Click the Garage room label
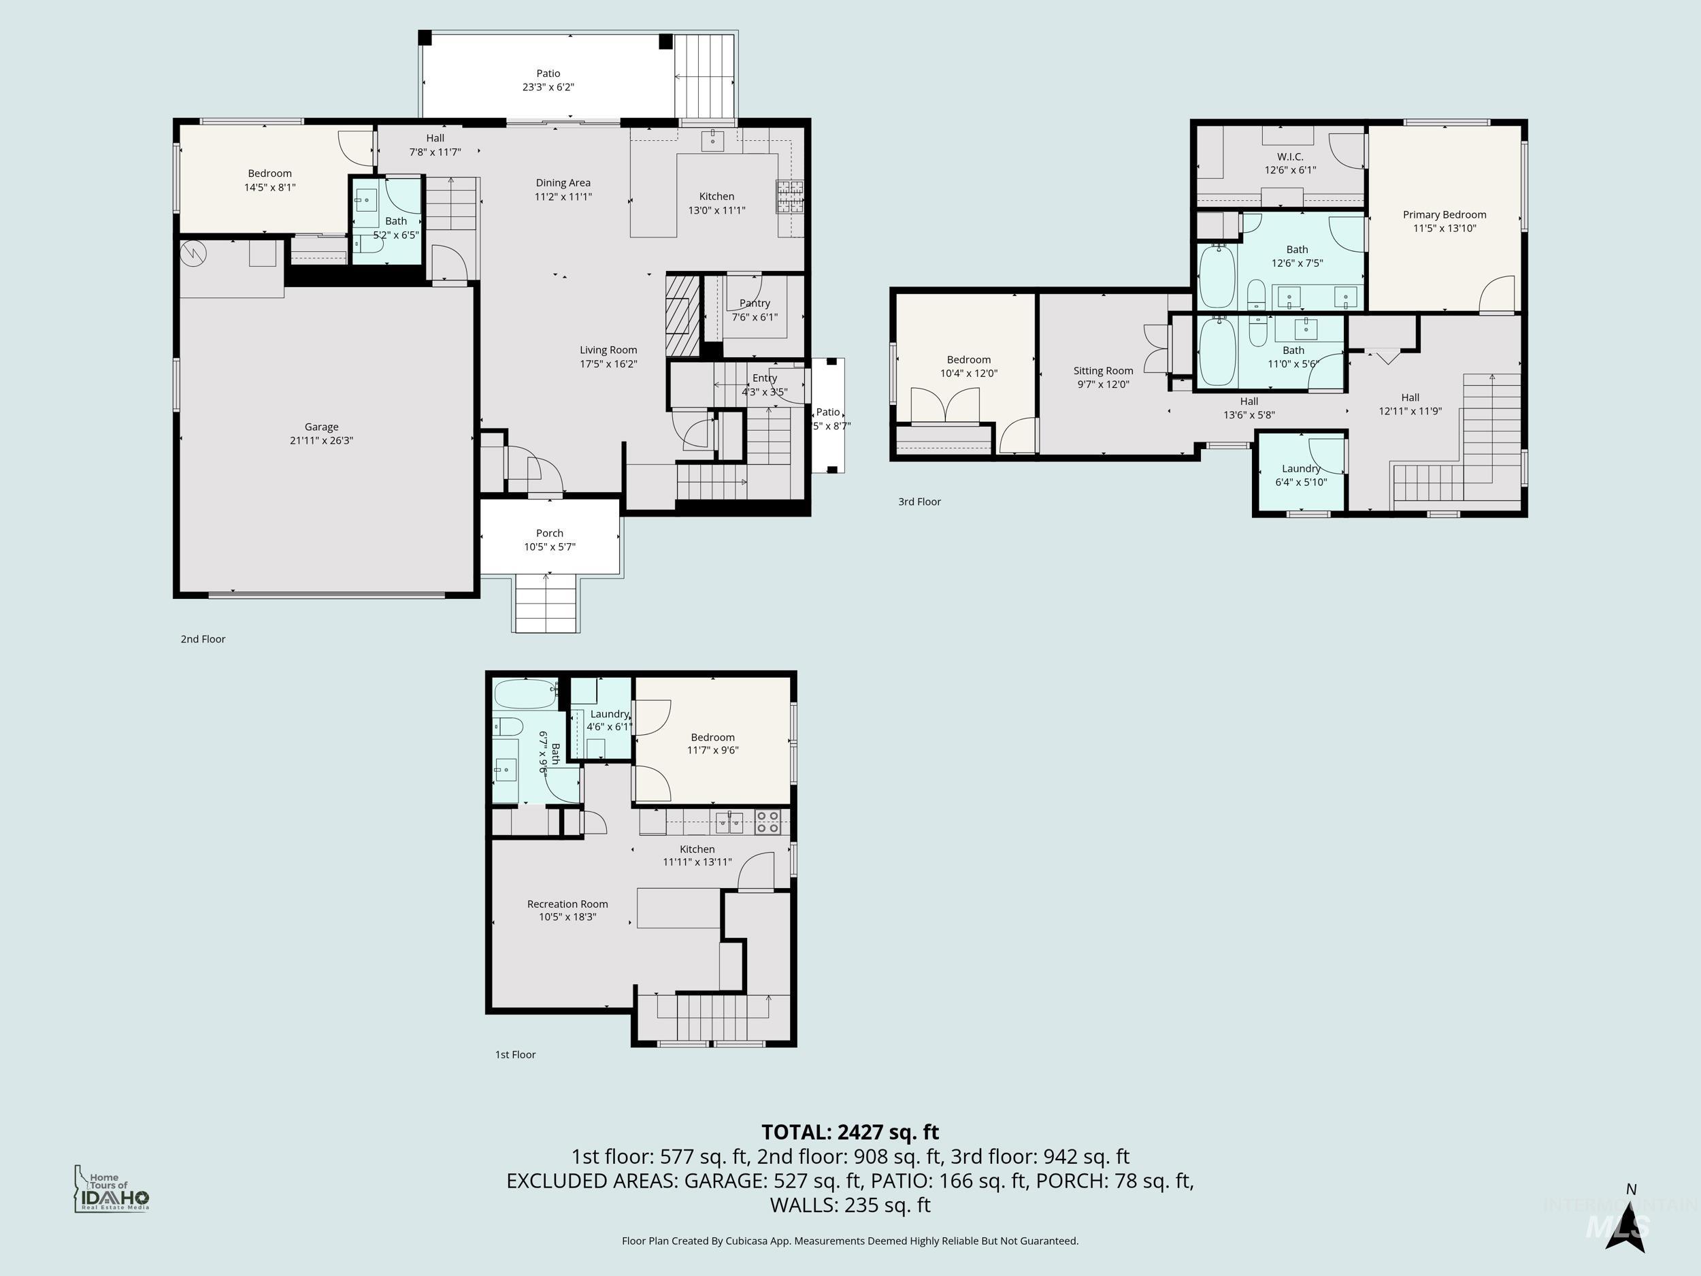tap(321, 427)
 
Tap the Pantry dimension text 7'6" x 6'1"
tap(754, 317)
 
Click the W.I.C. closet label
tap(1289, 156)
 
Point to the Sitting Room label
tap(1103, 371)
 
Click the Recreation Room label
tap(567, 904)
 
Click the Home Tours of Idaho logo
tap(112, 1189)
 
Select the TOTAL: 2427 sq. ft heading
tap(850, 1132)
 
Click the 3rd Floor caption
tap(919, 502)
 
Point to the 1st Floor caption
tap(514, 1055)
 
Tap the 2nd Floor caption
tap(202, 639)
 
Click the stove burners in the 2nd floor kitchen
tap(789, 196)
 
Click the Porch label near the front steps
tap(549, 533)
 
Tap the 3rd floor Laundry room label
tap(1300, 468)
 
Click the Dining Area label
tap(563, 183)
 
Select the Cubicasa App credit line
tap(850, 1241)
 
